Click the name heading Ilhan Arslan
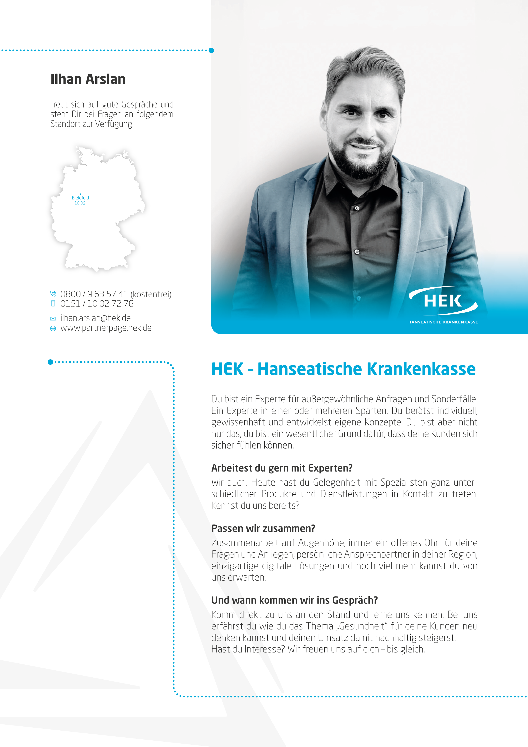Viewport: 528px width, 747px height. (88, 79)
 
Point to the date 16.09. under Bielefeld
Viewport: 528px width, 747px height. (80, 203)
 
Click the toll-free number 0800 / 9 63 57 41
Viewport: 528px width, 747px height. (94, 294)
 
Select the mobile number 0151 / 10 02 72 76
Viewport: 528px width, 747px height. (97, 304)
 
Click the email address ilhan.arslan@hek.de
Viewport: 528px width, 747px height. (95, 318)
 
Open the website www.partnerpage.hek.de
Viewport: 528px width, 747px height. (106, 328)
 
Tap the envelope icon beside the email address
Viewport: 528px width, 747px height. (53, 318)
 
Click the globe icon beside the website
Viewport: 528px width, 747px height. (53, 328)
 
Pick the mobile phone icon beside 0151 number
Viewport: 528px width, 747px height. (53, 304)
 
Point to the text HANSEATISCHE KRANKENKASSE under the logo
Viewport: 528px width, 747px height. (443, 322)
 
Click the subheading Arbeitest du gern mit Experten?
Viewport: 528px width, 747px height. (282, 468)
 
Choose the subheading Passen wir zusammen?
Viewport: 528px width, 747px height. (263, 528)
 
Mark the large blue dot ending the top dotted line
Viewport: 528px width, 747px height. (211, 50)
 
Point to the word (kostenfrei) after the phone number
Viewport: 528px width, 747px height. (151, 294)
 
